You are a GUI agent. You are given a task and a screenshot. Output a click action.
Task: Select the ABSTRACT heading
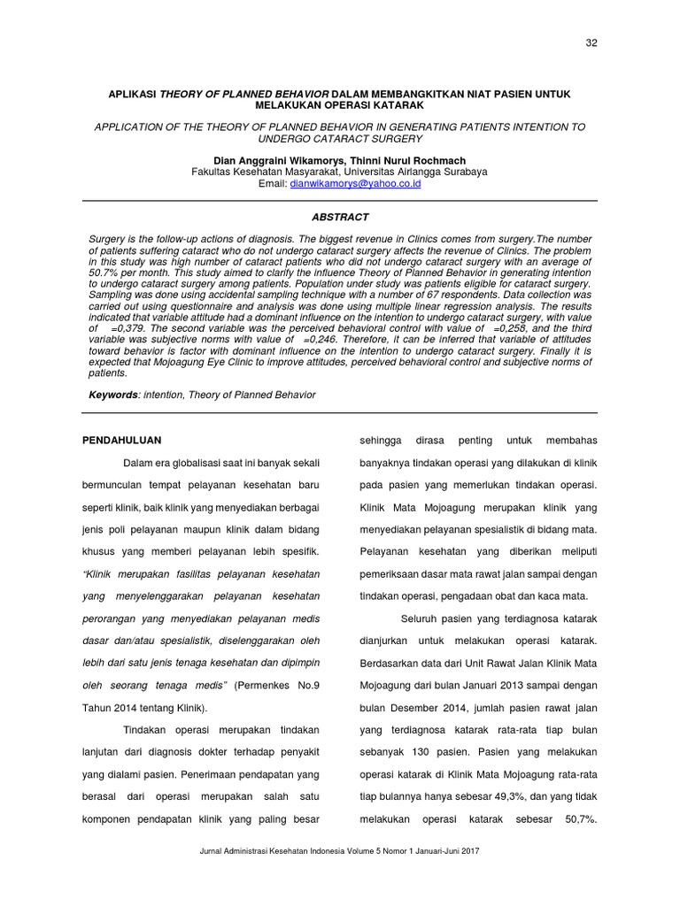coord(340,217)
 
